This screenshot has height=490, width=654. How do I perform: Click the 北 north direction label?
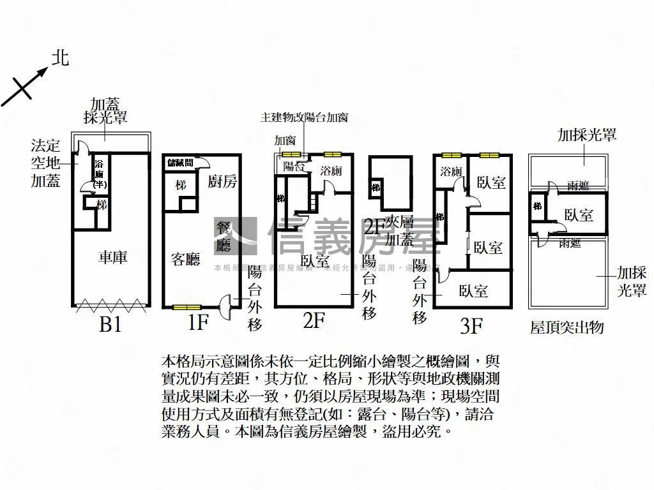pos(61,59)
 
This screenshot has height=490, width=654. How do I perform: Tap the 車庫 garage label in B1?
pos(112,257)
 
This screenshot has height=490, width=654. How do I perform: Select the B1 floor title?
pos(110,325)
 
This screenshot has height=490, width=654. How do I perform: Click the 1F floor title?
pos(198,323)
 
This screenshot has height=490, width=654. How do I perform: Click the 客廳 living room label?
pos(186,258)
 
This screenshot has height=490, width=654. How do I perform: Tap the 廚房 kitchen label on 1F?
pos(222,182)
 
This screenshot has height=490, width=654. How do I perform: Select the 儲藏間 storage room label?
pos(180,163)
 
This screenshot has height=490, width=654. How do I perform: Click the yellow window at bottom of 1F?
pos(186,308)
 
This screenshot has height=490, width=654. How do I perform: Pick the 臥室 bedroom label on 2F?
pos(315,260)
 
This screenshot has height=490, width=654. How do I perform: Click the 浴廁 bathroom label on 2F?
pos(331,171)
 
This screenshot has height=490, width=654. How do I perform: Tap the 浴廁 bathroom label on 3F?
pos(451,171)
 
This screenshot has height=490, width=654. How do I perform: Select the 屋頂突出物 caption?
pos(567,328)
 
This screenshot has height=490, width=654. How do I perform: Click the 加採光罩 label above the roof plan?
pos(587,135)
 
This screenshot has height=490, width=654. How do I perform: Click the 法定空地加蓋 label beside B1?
pos(47,162)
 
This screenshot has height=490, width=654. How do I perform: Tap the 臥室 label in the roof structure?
pos(579,214)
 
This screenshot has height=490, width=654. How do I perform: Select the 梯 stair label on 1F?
pos(181,185)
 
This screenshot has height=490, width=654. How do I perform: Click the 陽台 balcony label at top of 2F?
pos(293,167)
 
